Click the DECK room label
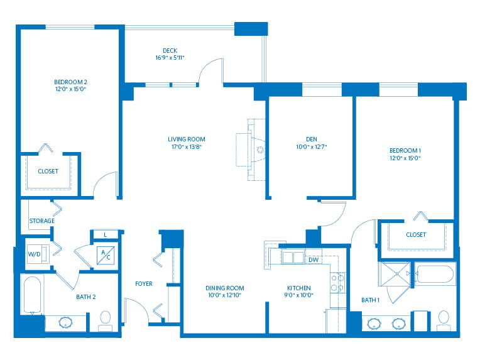coord(170,50)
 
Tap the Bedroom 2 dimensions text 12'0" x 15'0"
coord(71,89)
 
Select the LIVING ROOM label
coord(187,139)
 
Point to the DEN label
coord(312,139)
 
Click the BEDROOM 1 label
coord(405,151)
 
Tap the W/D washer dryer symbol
coord(38,254)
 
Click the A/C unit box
coord(106,255)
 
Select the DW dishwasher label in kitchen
coord(314,259)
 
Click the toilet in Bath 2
coord(106,321)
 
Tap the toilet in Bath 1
coord(444,320)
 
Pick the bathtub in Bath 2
coord(32,295)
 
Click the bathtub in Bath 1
coord(435,275)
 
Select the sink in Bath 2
coord(65,322)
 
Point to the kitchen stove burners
coord(337,283)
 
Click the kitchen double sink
coord(293,257)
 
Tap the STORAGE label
coord(42,221)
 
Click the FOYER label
coord(144,284)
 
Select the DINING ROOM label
coord(225,288)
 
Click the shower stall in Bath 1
coord(395,274)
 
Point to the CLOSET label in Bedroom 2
coord(48,172)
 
